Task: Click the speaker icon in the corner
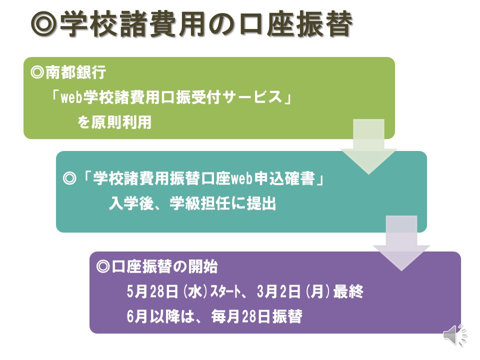click(x=455, y=335)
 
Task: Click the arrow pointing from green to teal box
click(x=368, y=146)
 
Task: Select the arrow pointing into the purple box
click(x=401, y=243)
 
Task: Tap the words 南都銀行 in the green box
click(x=75, y=73)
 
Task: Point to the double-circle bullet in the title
click(x=44, y=24)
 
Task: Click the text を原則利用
click(x=114, y=122)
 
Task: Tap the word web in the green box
click(x=71, y=97)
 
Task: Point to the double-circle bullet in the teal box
click(x=69, y=178)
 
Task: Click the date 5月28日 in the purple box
click(x=152, y=291)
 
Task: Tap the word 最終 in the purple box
click(x=348, y=291)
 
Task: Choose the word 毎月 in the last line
click(x=226, y=316)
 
